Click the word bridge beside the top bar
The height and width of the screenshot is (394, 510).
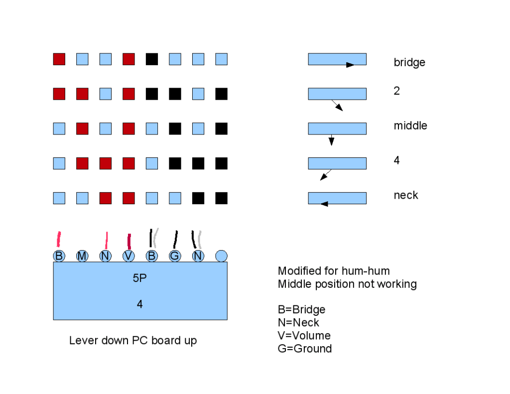pos(409,63)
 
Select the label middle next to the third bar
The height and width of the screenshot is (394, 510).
pos(410,126)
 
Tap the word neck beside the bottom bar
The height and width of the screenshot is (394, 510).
pos(406,195)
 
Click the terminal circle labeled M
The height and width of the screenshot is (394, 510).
pos(82,256)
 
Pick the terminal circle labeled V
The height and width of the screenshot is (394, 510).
pos(128,256)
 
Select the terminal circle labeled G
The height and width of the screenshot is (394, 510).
pos(175,256)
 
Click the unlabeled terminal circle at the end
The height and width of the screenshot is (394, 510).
pos(222,256)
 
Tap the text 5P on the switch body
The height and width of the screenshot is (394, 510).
pos(139,279)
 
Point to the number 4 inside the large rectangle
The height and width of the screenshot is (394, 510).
pos(139,304)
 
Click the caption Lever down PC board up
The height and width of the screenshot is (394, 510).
pos(133,341)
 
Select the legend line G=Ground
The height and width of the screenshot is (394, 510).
pos(305,349)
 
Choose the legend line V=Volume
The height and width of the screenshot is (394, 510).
pos(304,335)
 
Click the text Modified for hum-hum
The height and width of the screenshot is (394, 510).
pos(334,271)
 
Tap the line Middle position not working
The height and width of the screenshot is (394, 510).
pos(347,284)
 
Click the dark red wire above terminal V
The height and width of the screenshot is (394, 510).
pos(129,241)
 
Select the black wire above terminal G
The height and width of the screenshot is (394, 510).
pos(175,240)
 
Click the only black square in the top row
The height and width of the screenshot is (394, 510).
pos(152,59)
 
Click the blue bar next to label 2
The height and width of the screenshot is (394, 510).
pos(337,94)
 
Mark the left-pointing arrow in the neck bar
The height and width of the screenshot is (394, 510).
pos(324,203)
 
